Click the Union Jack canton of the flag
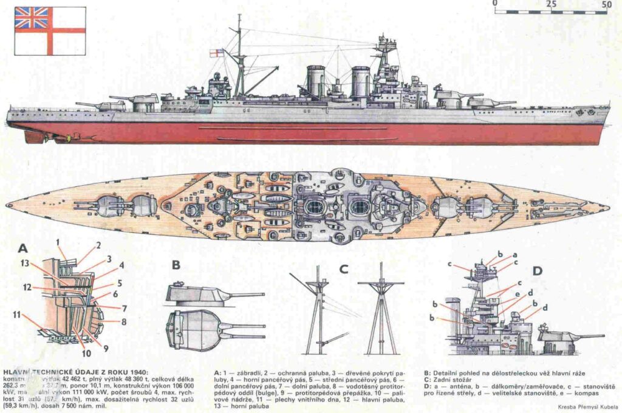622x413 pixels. [32, 18]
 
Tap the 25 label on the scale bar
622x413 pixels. [552, 4]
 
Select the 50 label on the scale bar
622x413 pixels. [606, 4]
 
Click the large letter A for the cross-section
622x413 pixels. [23, 248]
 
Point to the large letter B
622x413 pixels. [176, 265]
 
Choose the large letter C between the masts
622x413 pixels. [344, 268]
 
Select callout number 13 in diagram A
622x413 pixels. [24, 264]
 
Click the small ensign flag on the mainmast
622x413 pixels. [216, 53]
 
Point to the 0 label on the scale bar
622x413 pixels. [496, 4]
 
